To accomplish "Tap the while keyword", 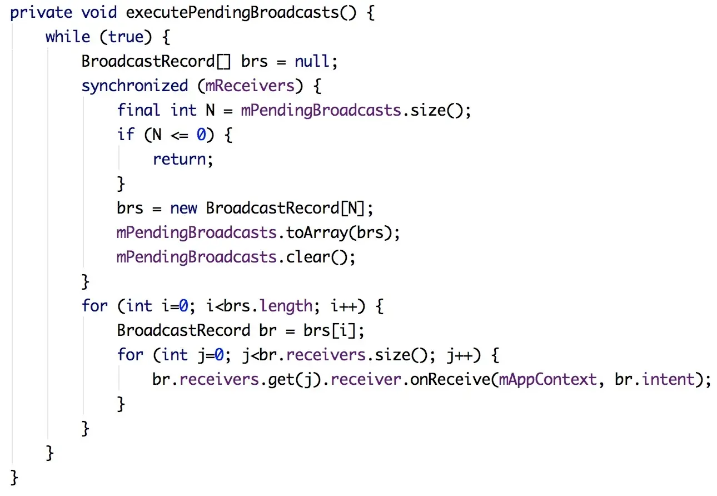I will (x=67, y=37).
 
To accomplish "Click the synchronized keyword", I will (x=135, y=86).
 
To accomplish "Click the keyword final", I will (x=138, y=110).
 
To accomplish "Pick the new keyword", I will (x=183, y=208).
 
